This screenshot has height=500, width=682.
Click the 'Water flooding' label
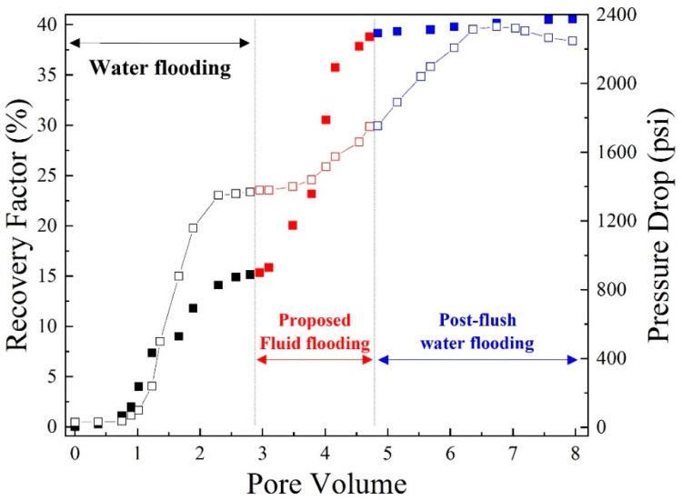click(159, 68)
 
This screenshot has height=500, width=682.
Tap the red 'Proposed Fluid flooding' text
click(315, 332)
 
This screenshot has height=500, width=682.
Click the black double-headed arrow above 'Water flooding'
click(159, 43)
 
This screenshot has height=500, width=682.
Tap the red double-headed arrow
click(315, 360)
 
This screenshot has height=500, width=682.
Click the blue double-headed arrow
click(477, 360)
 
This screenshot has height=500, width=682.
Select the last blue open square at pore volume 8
click(572, 41)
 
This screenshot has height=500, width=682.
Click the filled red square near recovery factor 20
click(293, 225)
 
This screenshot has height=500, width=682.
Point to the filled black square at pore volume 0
click(75, 426)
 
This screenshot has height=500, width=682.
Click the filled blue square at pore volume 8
click(572, 19)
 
